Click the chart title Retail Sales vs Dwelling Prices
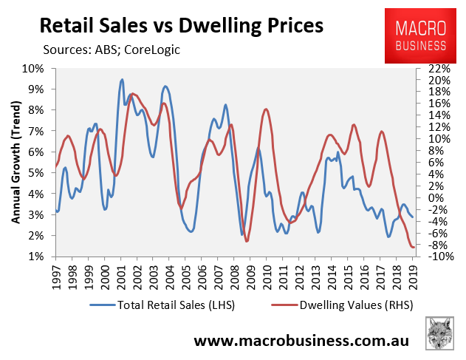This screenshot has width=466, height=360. point(180,25)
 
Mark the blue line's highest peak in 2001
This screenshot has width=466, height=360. point(122,80)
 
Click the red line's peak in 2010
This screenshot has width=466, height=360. point(266,109)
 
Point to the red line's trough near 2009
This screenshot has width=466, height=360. point(247,241)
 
